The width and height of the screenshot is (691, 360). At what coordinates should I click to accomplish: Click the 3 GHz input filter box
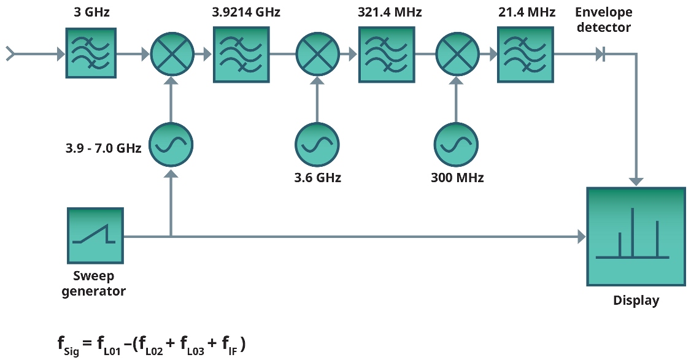click(x=90, y=54)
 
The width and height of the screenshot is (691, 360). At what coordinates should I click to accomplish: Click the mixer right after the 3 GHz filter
click(x=172, y=54)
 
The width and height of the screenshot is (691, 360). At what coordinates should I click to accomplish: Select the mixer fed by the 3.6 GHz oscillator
click(x=317, y=54)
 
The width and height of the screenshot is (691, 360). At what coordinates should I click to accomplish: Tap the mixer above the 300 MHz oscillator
click(x=456, y=54)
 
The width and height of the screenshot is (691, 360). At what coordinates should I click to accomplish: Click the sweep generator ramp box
click(x=95, y=236)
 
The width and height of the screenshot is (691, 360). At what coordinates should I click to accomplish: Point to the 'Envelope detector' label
click(x=603, y=20)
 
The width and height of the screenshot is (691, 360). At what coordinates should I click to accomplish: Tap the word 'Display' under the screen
click(x=636, y=301)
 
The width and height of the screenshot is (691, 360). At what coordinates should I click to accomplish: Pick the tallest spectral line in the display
click(x=635, y=232)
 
